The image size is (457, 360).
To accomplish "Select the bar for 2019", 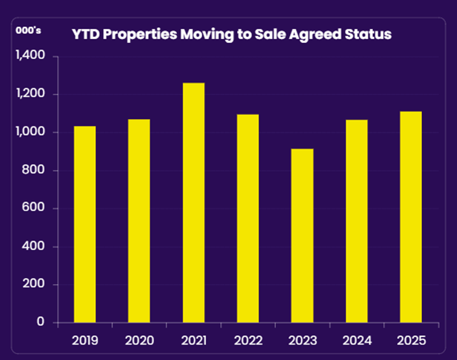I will coord(85,224).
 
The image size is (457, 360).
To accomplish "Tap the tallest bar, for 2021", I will coord(194,203).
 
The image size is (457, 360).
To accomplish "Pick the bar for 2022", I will coord(248,218).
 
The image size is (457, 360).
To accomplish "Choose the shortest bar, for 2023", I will coord(302,236).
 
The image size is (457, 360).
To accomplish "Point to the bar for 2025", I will coord(411,217).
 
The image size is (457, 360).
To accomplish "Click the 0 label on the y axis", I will coord(41,322).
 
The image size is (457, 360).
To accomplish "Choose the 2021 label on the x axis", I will coord(194,340).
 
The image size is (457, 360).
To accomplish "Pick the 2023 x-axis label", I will coord(302,340).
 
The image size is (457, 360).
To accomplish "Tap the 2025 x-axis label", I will coord(411,340).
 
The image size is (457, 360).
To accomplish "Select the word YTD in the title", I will coord(85,34).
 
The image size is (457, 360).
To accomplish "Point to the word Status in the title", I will coord(369,34).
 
